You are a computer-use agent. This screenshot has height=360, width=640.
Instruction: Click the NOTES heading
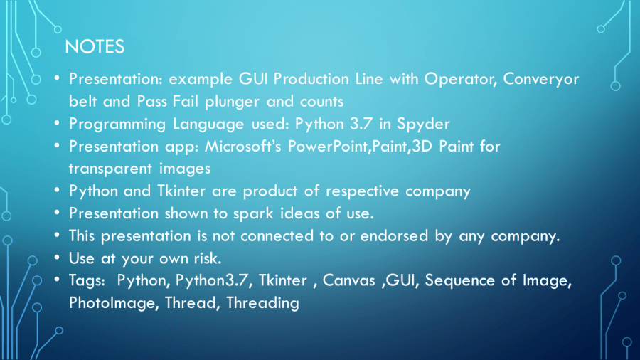click(x=95, y=46)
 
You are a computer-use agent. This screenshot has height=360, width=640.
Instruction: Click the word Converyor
click(x=541, y=79)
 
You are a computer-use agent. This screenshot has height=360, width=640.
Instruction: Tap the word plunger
click(x=232, y=102)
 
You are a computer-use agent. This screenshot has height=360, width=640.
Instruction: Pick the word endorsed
click(x=394, y=236)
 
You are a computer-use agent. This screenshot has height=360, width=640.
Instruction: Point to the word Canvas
click(x=348, y=280)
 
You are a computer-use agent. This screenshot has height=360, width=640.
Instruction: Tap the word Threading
click(x=263, y=303)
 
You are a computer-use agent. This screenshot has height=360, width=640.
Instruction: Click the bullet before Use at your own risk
click(x=57, y=258)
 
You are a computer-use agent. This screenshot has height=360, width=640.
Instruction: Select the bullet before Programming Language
click(x=57, y=123)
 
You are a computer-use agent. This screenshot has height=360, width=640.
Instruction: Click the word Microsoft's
click(x=243, y=147)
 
